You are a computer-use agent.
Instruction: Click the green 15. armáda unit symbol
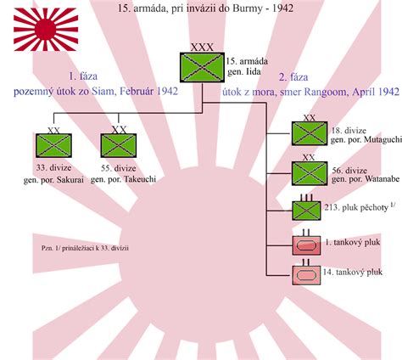click(x=202, y=67)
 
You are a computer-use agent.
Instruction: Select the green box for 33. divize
click(x=53, y=145)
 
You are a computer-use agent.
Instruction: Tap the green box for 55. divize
click(x=119, y=145)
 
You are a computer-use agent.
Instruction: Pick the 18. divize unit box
click(x=310, y=133)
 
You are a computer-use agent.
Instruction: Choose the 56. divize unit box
click(x=310, y=173)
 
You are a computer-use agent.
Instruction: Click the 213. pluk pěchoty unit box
click(x=306, y=211)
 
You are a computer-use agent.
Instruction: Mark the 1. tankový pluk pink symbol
click(x=306, y=245)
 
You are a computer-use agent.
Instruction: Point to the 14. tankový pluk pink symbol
click(x=306, y=275)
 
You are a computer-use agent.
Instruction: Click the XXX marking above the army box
click(x=202, y=48)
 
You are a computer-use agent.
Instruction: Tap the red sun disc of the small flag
click(x=46, y=30)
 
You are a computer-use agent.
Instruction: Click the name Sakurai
click(x=70, y=180)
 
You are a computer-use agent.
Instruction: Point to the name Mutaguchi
click(x=383, y=140)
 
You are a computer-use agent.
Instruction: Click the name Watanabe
click(x=382, y=179)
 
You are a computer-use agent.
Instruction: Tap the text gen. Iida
click(x=244, y=72)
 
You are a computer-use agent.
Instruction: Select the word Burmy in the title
click(x=248, y=8)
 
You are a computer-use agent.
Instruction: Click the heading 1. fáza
click(x=83, y=76)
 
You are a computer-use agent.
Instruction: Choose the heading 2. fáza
click(x=293, y=77)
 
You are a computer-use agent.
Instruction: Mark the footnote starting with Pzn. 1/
click(x=85, y=248)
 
